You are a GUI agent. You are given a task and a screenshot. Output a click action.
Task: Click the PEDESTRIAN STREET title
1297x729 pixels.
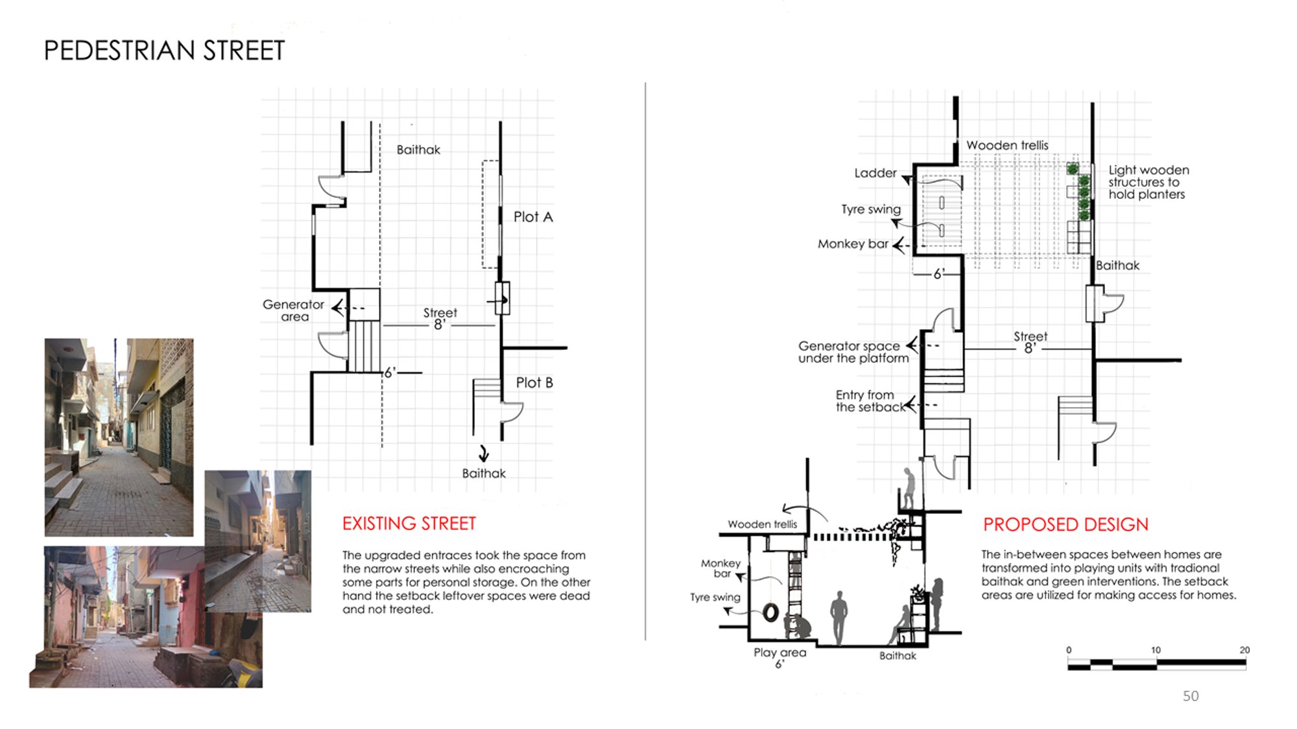pyautogui.click(x=164, y=51)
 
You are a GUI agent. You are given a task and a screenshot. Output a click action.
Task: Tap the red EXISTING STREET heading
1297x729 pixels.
pyautogui.click(x=409, y=524)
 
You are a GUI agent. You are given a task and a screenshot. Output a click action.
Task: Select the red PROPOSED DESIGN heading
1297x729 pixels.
pyautogui.click(x=1065, y=524)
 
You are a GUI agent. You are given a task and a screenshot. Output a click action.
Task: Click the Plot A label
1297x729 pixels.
pyautogui.click(x=533, y=217)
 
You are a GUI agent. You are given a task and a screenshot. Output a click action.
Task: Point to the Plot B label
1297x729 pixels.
pyautogui.click(x=534, y=383)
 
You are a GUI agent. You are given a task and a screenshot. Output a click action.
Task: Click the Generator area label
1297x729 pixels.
pyautogui.click(x=293, y=310)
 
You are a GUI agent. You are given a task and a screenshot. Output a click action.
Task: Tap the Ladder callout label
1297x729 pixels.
pyautogui.click(x=875, y=173)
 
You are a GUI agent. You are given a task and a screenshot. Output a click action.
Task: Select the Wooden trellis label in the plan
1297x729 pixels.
pyautogui.click(x=1007, y=145)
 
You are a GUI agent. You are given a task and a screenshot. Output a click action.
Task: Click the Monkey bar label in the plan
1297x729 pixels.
pyautogui.click(x=853, y=244)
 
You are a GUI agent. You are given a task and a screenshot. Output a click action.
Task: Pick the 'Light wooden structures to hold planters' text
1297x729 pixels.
pyautogui.click(x=1148, y=182)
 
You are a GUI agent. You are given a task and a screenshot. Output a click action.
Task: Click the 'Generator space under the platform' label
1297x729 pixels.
pyautogui.click(x=853, y=352)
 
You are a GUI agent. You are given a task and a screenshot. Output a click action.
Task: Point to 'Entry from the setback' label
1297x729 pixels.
pyautogui.click(x=869, y=401)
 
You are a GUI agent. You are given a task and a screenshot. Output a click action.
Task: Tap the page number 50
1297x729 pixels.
pyautogui.click(x=1191, y=696)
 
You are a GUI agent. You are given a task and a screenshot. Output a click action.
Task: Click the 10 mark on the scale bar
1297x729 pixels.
pyautogui.click(x=1156, y=650)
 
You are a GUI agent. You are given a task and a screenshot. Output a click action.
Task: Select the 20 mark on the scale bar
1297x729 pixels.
pyautogui.click(x=1244, y=650)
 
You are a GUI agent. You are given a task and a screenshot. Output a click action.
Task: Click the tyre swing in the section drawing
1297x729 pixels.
pyautogui.click(x=770, y=612)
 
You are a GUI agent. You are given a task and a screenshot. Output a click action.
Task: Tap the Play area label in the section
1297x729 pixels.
pyautogui.click(x=779, y=653)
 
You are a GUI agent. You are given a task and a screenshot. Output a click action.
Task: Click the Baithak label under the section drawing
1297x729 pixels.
pyautogui.click(x=898, y=656)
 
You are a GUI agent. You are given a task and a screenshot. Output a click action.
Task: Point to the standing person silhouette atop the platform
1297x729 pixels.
pyautogui.click(x=910, y=487)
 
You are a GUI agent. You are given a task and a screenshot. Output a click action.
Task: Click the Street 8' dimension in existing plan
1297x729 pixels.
pyautogui.click(x=440, y=318)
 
